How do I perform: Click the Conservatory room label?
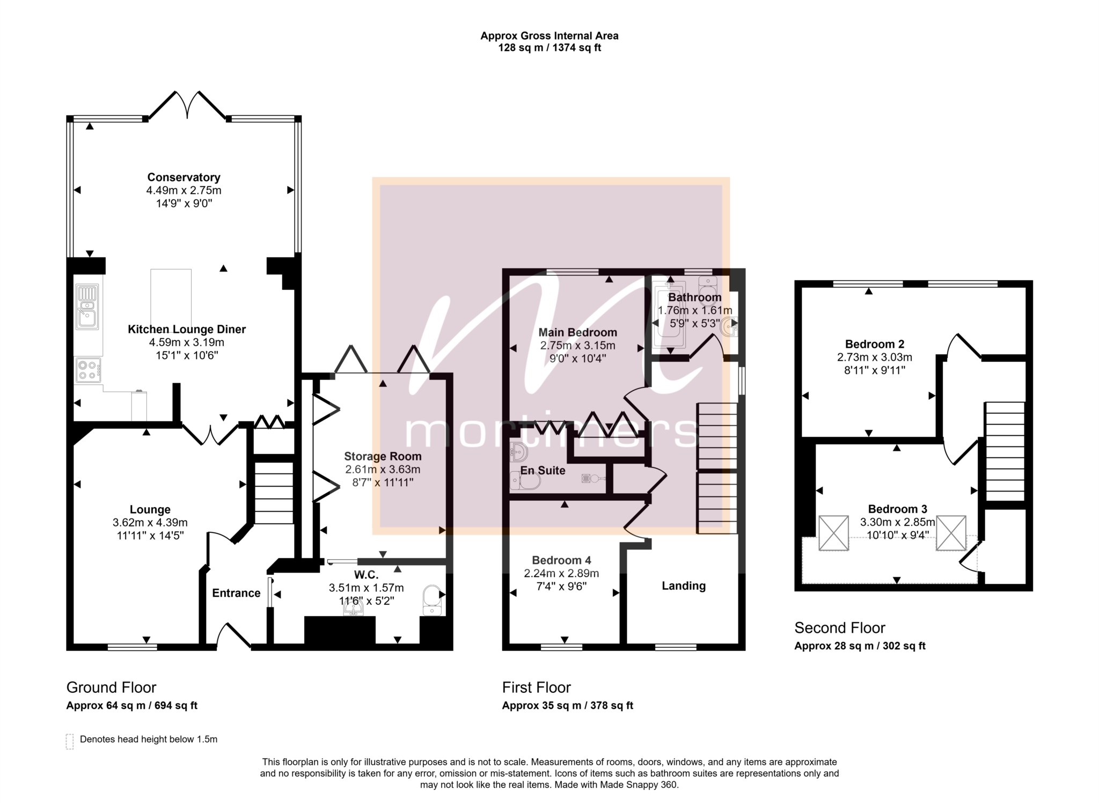coord(184,177)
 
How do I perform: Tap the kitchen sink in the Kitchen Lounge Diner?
coord(87,306)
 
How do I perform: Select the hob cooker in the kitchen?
coord(88,370)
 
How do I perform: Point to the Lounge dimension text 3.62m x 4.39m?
coord(150,522)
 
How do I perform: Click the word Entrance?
coord(236,593)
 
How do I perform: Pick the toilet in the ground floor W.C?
coord(432,601)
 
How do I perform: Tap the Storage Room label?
coord(383,456)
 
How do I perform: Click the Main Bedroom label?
coord(577,333)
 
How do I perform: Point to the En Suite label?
coord(543,471)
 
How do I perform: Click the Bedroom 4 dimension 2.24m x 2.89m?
coord(561,573)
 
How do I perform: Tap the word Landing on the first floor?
coord(684,586)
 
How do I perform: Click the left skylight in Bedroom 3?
coord(834,533)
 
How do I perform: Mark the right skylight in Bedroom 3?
coord(951,533)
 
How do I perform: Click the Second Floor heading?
coord(840,628)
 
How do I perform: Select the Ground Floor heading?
coord(111,687)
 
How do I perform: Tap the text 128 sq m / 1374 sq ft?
coord(549,48)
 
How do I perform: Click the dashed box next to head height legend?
coord(70,741)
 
